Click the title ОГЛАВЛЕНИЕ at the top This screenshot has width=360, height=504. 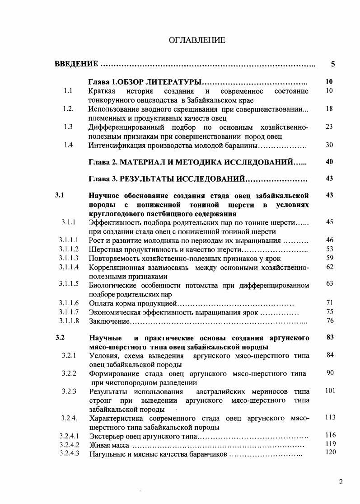pos(197,41)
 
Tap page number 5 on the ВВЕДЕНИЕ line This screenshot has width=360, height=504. pos(332,64)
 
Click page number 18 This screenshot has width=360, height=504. pos(329,109)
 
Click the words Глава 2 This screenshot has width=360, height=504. pos(103,162)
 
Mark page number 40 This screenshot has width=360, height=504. pos(329,162)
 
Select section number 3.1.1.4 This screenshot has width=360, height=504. pos(69,267)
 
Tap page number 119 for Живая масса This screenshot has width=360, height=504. pos(330,444)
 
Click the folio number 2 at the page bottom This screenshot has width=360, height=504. pos(341,482)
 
